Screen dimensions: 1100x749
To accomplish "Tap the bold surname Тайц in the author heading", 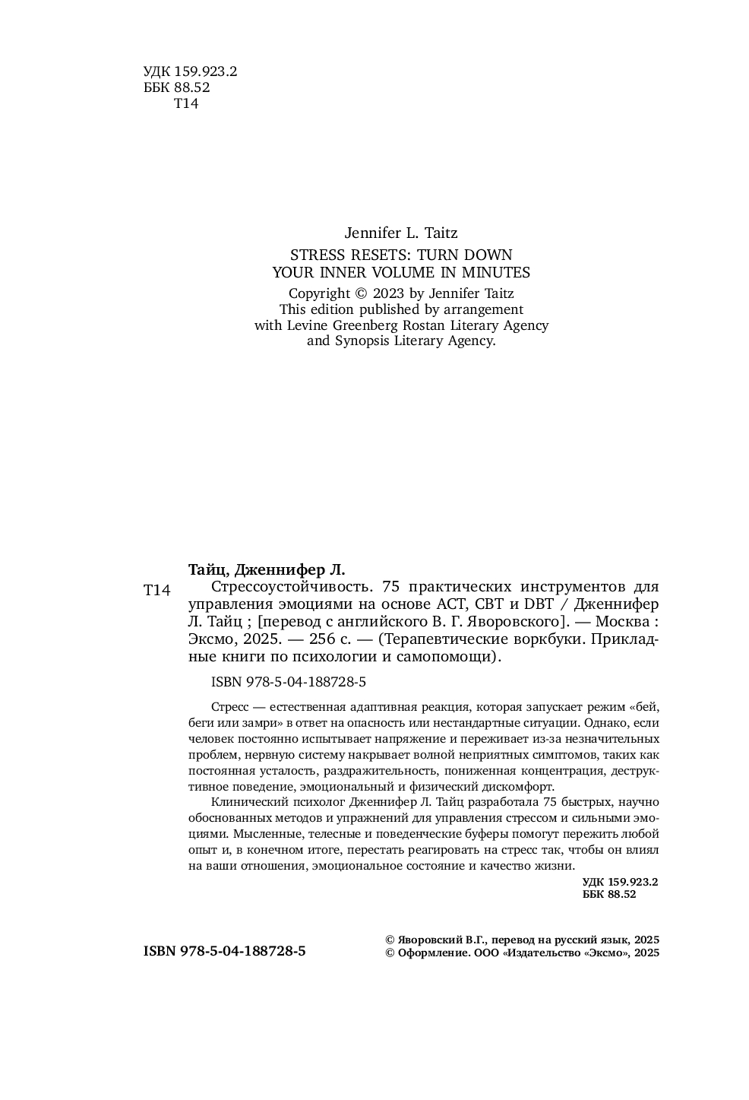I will click(x=208, y=569).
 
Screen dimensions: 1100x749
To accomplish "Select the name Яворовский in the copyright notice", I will click(x=431, y=939).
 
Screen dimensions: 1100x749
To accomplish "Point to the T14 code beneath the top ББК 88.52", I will click(x=186, y=103).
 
